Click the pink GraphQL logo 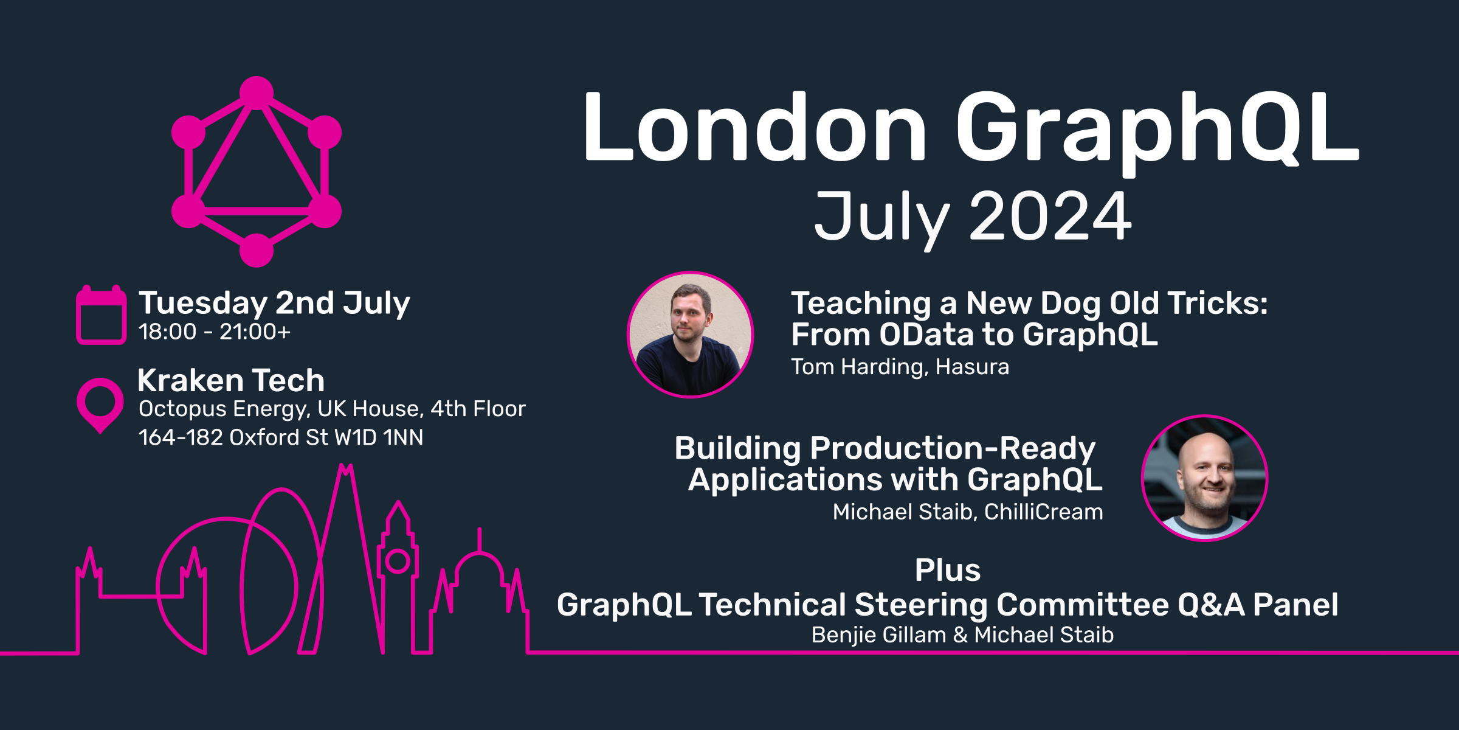pyautogui.click(x=257, y=172)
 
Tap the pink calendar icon pyautogui.click(x=101, y=315)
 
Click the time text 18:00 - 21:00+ pyautogui.click(x=214, y=332)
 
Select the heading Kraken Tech pyautogui.click(x=231, y=381)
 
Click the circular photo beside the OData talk pyautogui.click(x=690, y=335)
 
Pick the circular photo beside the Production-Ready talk pyautogui.click(x=1205, y=478)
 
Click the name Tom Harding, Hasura pyautogui.click(x=900, y=367)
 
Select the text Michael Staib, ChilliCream pyautogui.click(x=968, y=512)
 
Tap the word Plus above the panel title pyautogui.click(x=948, y=571)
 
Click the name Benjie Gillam pyautogui.click(x=878, y=635)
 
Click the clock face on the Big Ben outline pyautogui.click(x=398, y=561)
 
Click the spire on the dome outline pyautogui.click(x=480, y=538)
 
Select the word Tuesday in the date pyautogui.click(x=203, y=303)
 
